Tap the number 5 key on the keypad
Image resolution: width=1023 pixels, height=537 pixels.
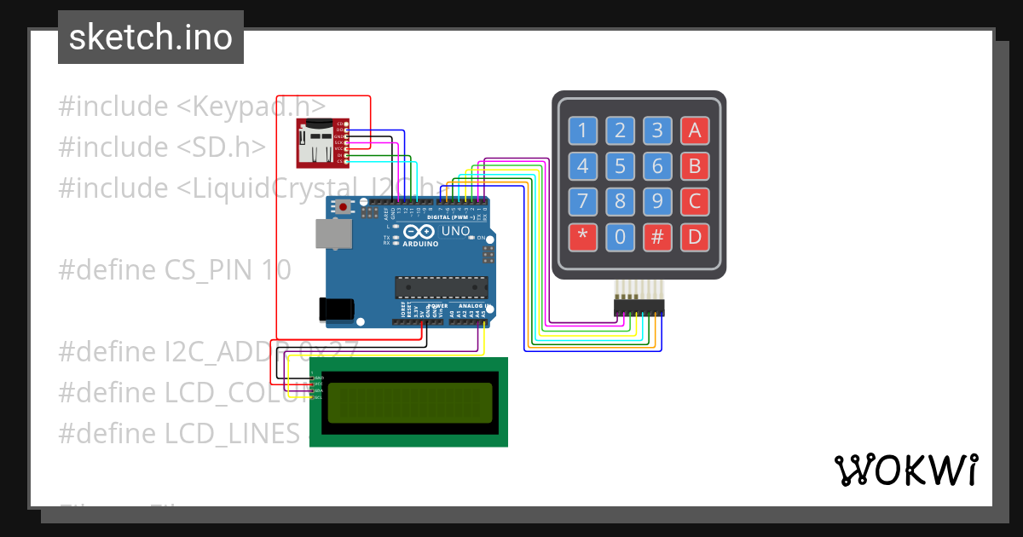point(620,166)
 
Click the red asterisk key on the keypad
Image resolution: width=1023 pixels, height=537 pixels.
point(583,237)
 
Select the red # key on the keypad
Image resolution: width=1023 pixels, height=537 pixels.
point(657,237)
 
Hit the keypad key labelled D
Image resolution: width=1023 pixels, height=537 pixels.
point(695,237)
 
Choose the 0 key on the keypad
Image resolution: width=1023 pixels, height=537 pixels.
point(620,237)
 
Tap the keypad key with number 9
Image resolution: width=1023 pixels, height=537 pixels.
point(657,202)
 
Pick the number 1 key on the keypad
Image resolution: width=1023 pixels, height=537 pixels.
point(583,130)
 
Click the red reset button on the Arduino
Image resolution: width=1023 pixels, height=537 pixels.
point(344,206)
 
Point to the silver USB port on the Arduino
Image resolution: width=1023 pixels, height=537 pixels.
point(332,234)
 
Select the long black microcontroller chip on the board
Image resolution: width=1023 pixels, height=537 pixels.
point(441,287)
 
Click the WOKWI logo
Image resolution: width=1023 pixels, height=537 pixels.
point(905,470)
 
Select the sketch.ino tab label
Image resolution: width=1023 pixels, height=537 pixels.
point(151,38)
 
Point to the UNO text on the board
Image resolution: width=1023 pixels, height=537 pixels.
point(456,231)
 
